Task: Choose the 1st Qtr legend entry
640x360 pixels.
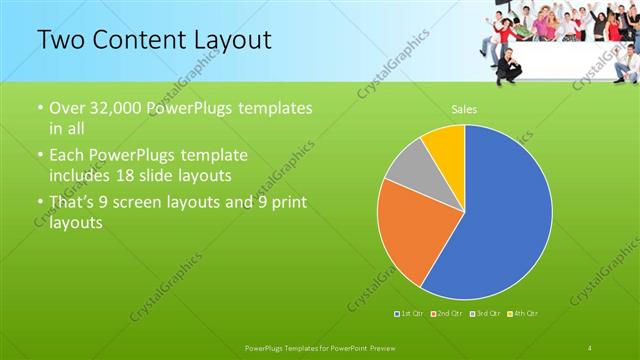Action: coord(412,314)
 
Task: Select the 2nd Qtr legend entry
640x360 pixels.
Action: coord(446,314)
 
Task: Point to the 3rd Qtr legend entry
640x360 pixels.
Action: coord(484,314)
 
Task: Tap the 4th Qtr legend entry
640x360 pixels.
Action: coord(522,314)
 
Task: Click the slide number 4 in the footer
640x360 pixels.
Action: coord(590,346)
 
